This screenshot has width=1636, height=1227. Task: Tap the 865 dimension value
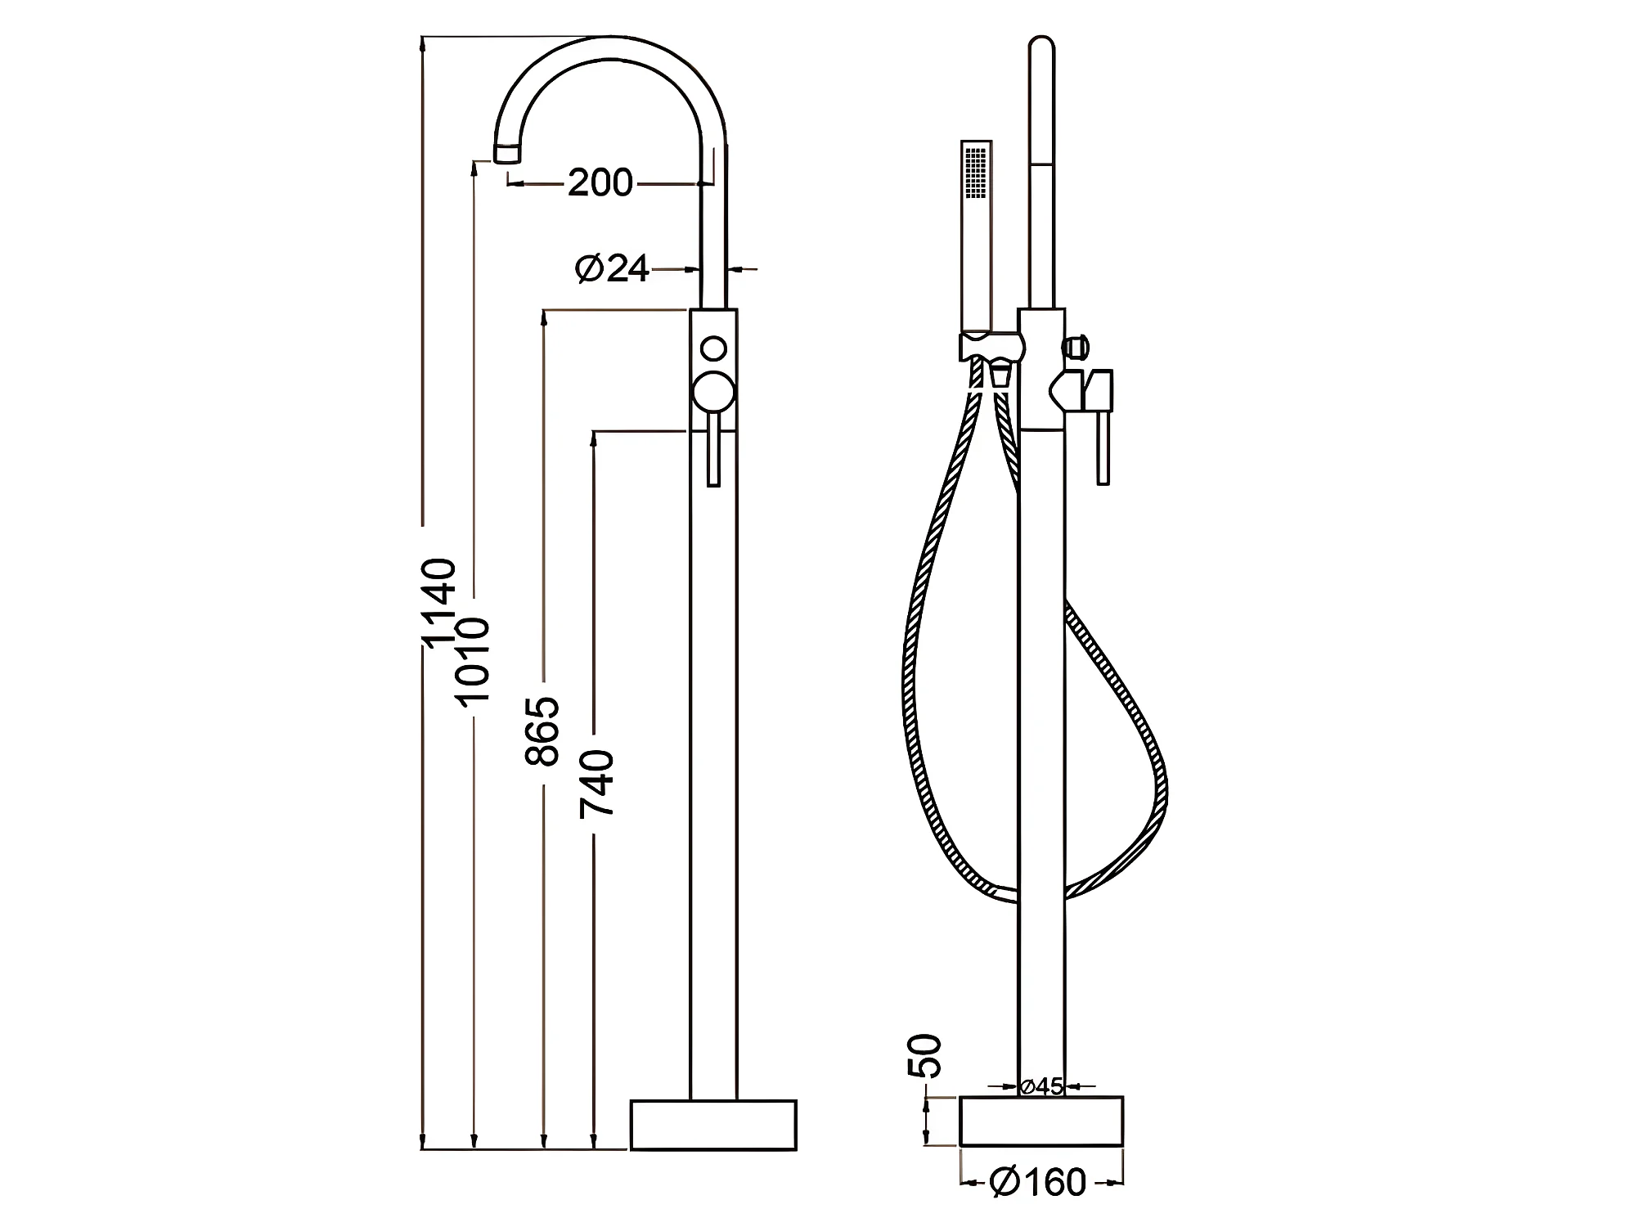pyautogui.click(x=542, y=731)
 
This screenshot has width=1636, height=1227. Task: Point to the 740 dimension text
pyautogui.click(x=596, y=784)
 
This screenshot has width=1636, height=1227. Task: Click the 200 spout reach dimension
pyautogui.click(x=600, y=182)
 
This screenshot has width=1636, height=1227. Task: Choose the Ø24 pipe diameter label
pyautogui.click(x=613, y=267)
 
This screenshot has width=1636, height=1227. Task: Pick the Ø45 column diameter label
pyautogui.click(x=1040, y=1086)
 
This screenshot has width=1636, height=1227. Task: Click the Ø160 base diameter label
pyautogui.click(x=1038, y=1181)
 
